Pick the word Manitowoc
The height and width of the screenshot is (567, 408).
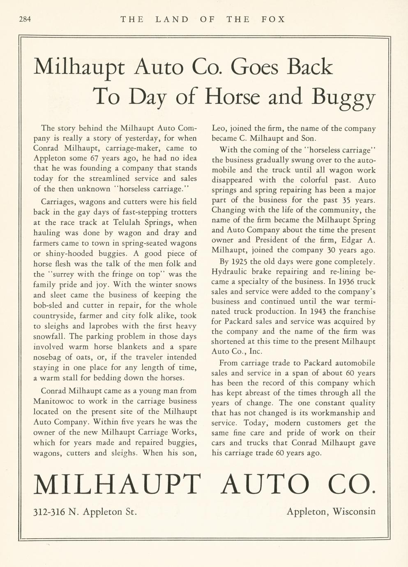(x=52, y=401)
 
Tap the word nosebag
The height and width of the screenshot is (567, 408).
(x=49, y=357)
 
